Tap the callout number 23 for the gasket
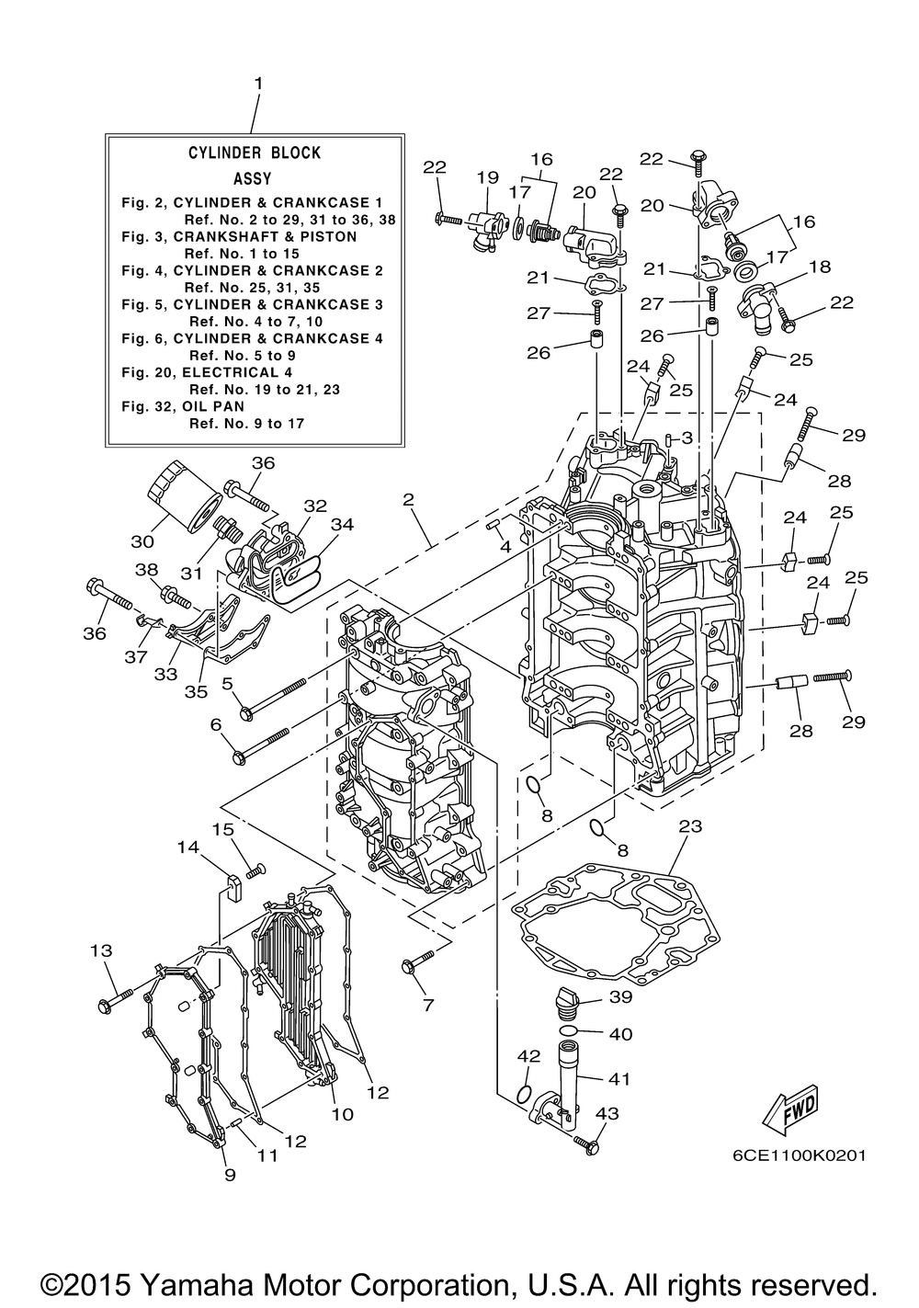coord(690,826)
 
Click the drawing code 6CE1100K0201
coord(799,1155)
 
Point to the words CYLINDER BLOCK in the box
coord(255,153)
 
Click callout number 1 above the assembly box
coord(258,84)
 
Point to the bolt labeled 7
coord(418,961)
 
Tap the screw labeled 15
coord(255,871)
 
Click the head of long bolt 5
coord(246,713)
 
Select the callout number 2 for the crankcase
coord(408,499)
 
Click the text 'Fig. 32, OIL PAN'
coord(183,406)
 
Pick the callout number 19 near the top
coord(488,177)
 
